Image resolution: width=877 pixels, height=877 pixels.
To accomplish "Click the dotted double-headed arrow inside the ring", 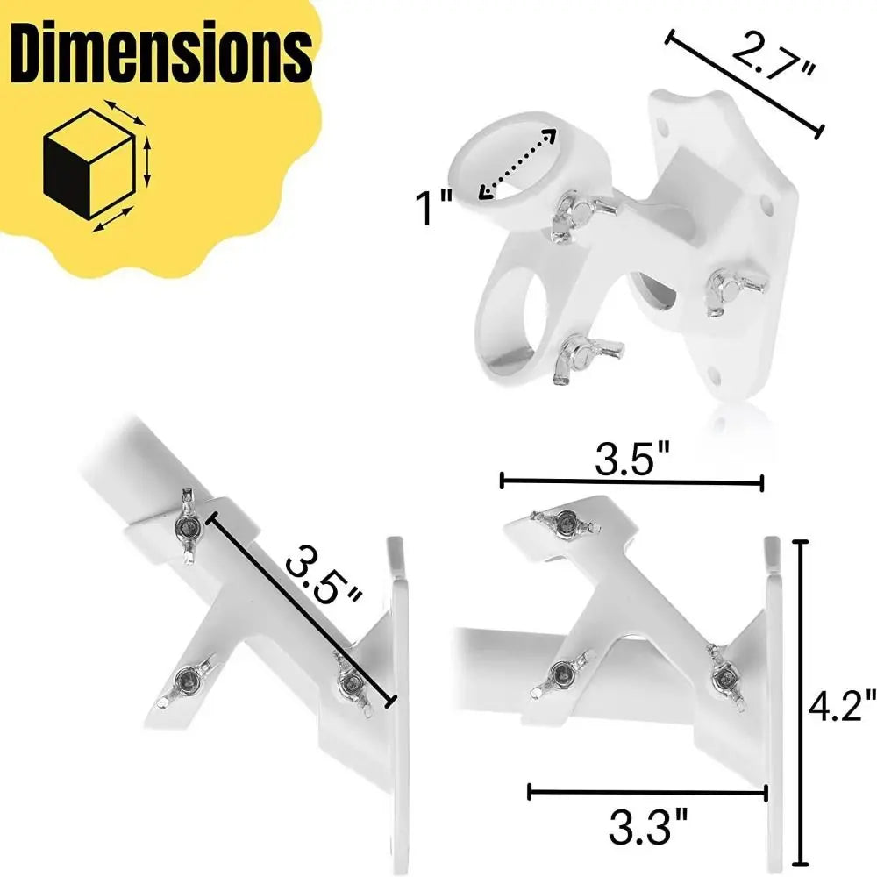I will pyautogui.click(x=518, y=164).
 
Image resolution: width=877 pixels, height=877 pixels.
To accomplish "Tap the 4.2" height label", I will pyautogui.click(x=843, y=705).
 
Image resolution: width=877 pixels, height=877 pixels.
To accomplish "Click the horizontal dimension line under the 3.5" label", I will pyautogui.click(x=631, y=481).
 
